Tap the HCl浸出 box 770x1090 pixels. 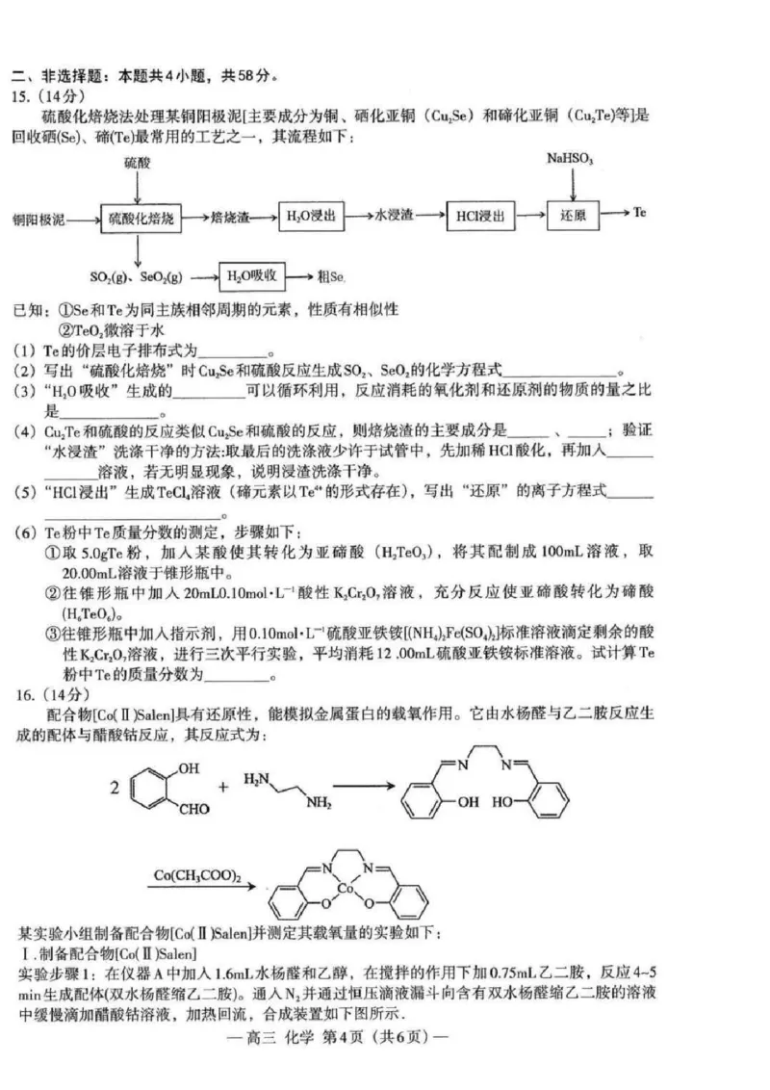click(481, 218)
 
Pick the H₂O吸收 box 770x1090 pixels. click(252, 276)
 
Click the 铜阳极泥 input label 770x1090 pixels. click(38, 221)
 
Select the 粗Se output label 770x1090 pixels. click(330, 277)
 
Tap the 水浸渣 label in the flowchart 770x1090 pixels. click(394, 218)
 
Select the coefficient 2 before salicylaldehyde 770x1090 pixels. click(115, 788)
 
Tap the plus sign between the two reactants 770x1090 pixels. click(224, 788)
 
